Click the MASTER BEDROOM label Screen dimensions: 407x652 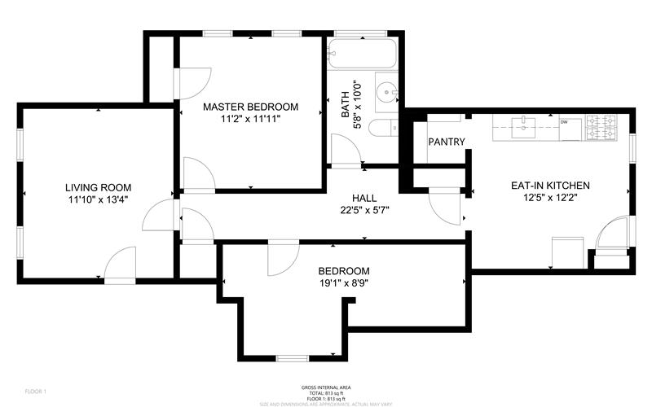point(250,107)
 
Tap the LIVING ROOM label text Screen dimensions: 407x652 point(98,187)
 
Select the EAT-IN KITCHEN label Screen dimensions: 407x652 point(550,186)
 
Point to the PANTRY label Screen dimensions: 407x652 point(447,142)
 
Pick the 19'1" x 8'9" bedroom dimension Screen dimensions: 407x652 point(343,284)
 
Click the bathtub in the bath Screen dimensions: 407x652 point(362,55)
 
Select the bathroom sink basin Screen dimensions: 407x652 point(385,90)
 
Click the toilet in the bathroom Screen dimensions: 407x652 point(381,129)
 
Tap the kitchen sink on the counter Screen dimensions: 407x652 point(522,124)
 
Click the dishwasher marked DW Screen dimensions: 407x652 point(564,124)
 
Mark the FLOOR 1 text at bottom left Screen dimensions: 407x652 point(36,392)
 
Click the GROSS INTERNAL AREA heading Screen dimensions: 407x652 point(324,387)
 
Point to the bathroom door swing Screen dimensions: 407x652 point(342,151)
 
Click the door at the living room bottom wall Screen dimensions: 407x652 point(121,265)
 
